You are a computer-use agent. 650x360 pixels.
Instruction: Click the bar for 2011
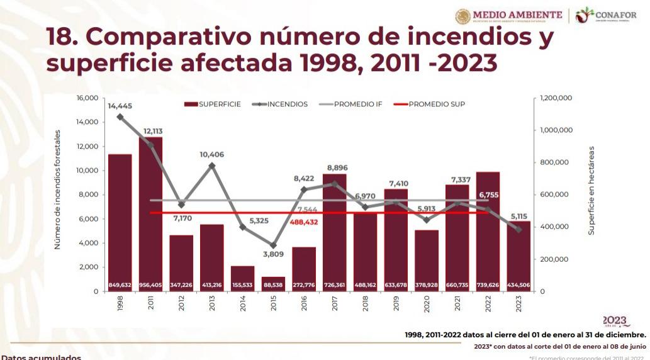[x=150, y=214]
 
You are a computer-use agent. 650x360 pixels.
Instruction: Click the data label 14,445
[x=120, y=106]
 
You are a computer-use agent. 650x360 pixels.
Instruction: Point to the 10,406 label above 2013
[x=212, y=154]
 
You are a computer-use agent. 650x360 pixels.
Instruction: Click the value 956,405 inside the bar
[x=150, y=285]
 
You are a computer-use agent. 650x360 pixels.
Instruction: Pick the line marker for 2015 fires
[x=273, y=245]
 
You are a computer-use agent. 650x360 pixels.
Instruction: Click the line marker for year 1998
[x=120, y=116]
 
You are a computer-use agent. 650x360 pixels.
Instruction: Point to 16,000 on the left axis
[x=88, y=98]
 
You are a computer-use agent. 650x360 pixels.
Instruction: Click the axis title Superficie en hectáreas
[x=591, y=191]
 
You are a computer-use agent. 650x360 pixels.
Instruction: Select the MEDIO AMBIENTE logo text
[x=517, y=14]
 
